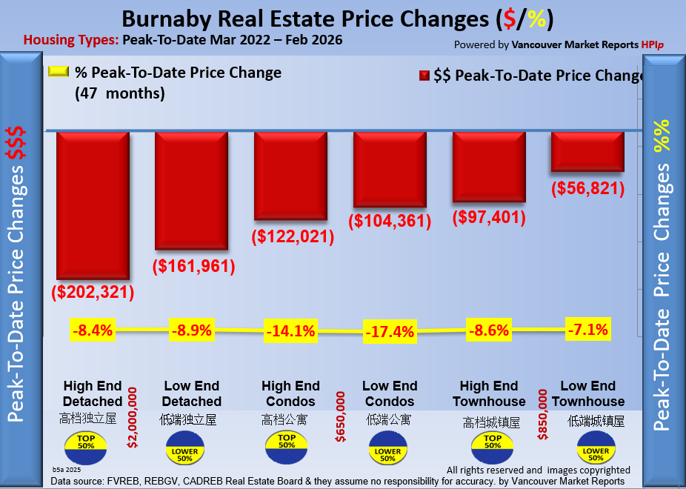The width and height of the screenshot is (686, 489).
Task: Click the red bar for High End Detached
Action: [x=93, y=204]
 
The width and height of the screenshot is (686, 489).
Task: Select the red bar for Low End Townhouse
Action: [x=587, y=151]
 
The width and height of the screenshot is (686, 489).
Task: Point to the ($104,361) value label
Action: [x=390, y=220]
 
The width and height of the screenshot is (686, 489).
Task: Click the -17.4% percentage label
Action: [x=389, y=332]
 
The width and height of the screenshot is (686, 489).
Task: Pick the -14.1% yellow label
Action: [x=290, y=331]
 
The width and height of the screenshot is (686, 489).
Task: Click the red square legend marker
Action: [x=425, y=76]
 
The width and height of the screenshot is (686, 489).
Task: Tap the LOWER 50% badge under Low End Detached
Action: [x=184, y=450]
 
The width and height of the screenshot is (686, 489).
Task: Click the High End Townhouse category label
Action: [x=493, y=393]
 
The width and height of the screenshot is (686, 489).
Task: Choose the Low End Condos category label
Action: [x=390, y=393]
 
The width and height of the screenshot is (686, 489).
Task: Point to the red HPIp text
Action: [x=652, y=44]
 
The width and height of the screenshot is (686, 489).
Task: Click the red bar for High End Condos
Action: [x=290, y=176]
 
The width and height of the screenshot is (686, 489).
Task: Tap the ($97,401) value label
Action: [x=489, y=218]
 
